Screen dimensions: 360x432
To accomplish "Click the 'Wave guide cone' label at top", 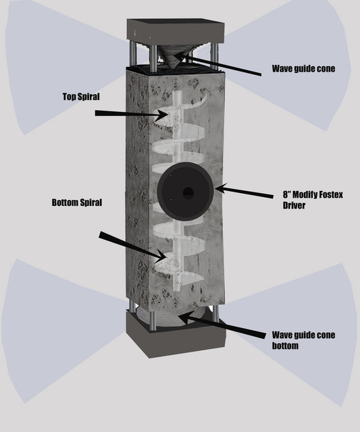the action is click(x=303, y=69).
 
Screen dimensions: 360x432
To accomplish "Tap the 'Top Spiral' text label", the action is click(x=81, y=97).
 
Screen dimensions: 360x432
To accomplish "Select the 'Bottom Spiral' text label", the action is click(x=77, y=202).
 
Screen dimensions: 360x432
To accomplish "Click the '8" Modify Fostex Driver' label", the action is click(x=313, y=200).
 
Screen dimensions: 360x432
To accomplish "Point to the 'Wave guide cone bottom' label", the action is click(x=303, y=340).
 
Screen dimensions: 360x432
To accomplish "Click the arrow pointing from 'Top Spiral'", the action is click(x=132, y=114).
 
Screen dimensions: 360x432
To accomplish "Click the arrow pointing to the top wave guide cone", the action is click(x=217, y=64).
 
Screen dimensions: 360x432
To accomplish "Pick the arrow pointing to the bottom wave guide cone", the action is click(x=222, y=326).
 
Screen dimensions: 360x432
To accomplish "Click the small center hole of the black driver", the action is click(x=188, y=192).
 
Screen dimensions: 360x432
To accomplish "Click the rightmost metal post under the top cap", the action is click(x=214, y=56).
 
